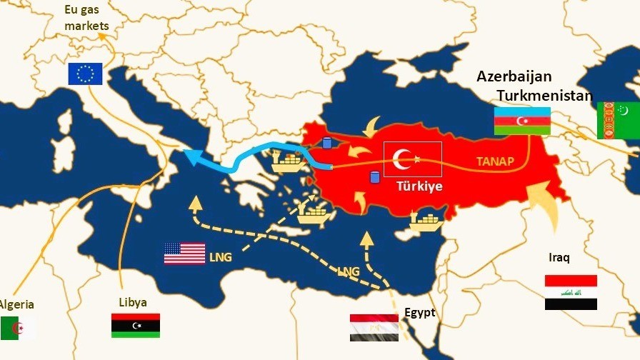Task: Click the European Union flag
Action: tap(85, 74)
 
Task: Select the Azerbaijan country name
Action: tap(514, 77)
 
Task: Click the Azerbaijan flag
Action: tap(522, 121)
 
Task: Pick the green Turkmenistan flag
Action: tap(618, 120)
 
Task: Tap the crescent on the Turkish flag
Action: tap(405, 159)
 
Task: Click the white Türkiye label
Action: tap(420, 186)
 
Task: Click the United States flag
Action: tap(184, 254)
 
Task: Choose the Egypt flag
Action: tap(374, 327)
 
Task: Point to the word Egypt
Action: tap(419, 312)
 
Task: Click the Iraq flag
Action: tap(571, 292)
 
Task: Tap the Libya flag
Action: tap(135, 325)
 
